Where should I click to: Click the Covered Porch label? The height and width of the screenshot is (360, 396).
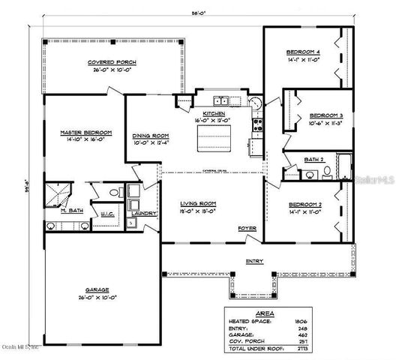coord(110,62)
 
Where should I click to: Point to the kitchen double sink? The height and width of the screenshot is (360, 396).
coord(221,100)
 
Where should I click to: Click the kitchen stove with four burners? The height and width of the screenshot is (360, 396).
coord(258,124)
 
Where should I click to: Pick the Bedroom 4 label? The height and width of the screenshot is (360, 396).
coord(304,52)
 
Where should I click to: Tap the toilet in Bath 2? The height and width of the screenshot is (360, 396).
coord(327,172)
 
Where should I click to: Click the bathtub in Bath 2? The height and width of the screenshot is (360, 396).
coord(344,166)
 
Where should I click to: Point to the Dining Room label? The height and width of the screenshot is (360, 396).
coord(151,136)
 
